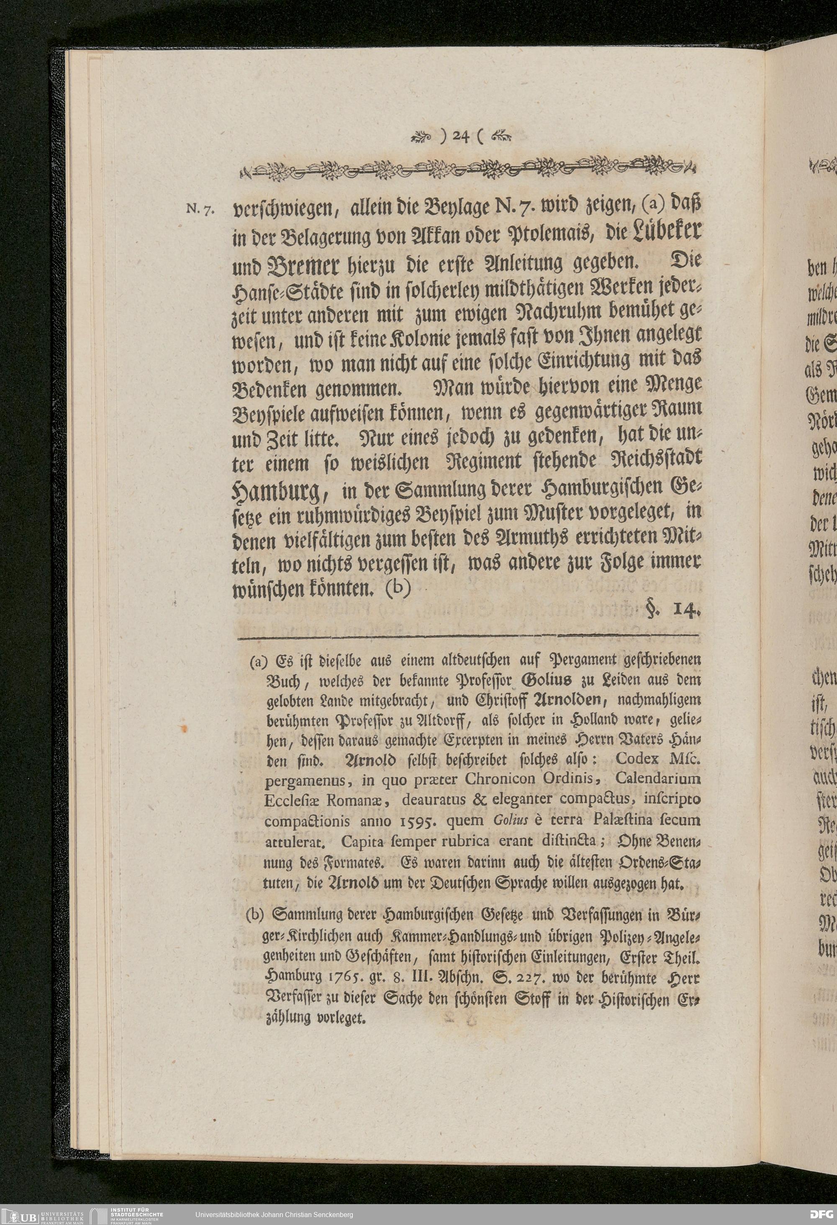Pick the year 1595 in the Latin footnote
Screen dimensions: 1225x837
pyautogui.click(x=424, y=820)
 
